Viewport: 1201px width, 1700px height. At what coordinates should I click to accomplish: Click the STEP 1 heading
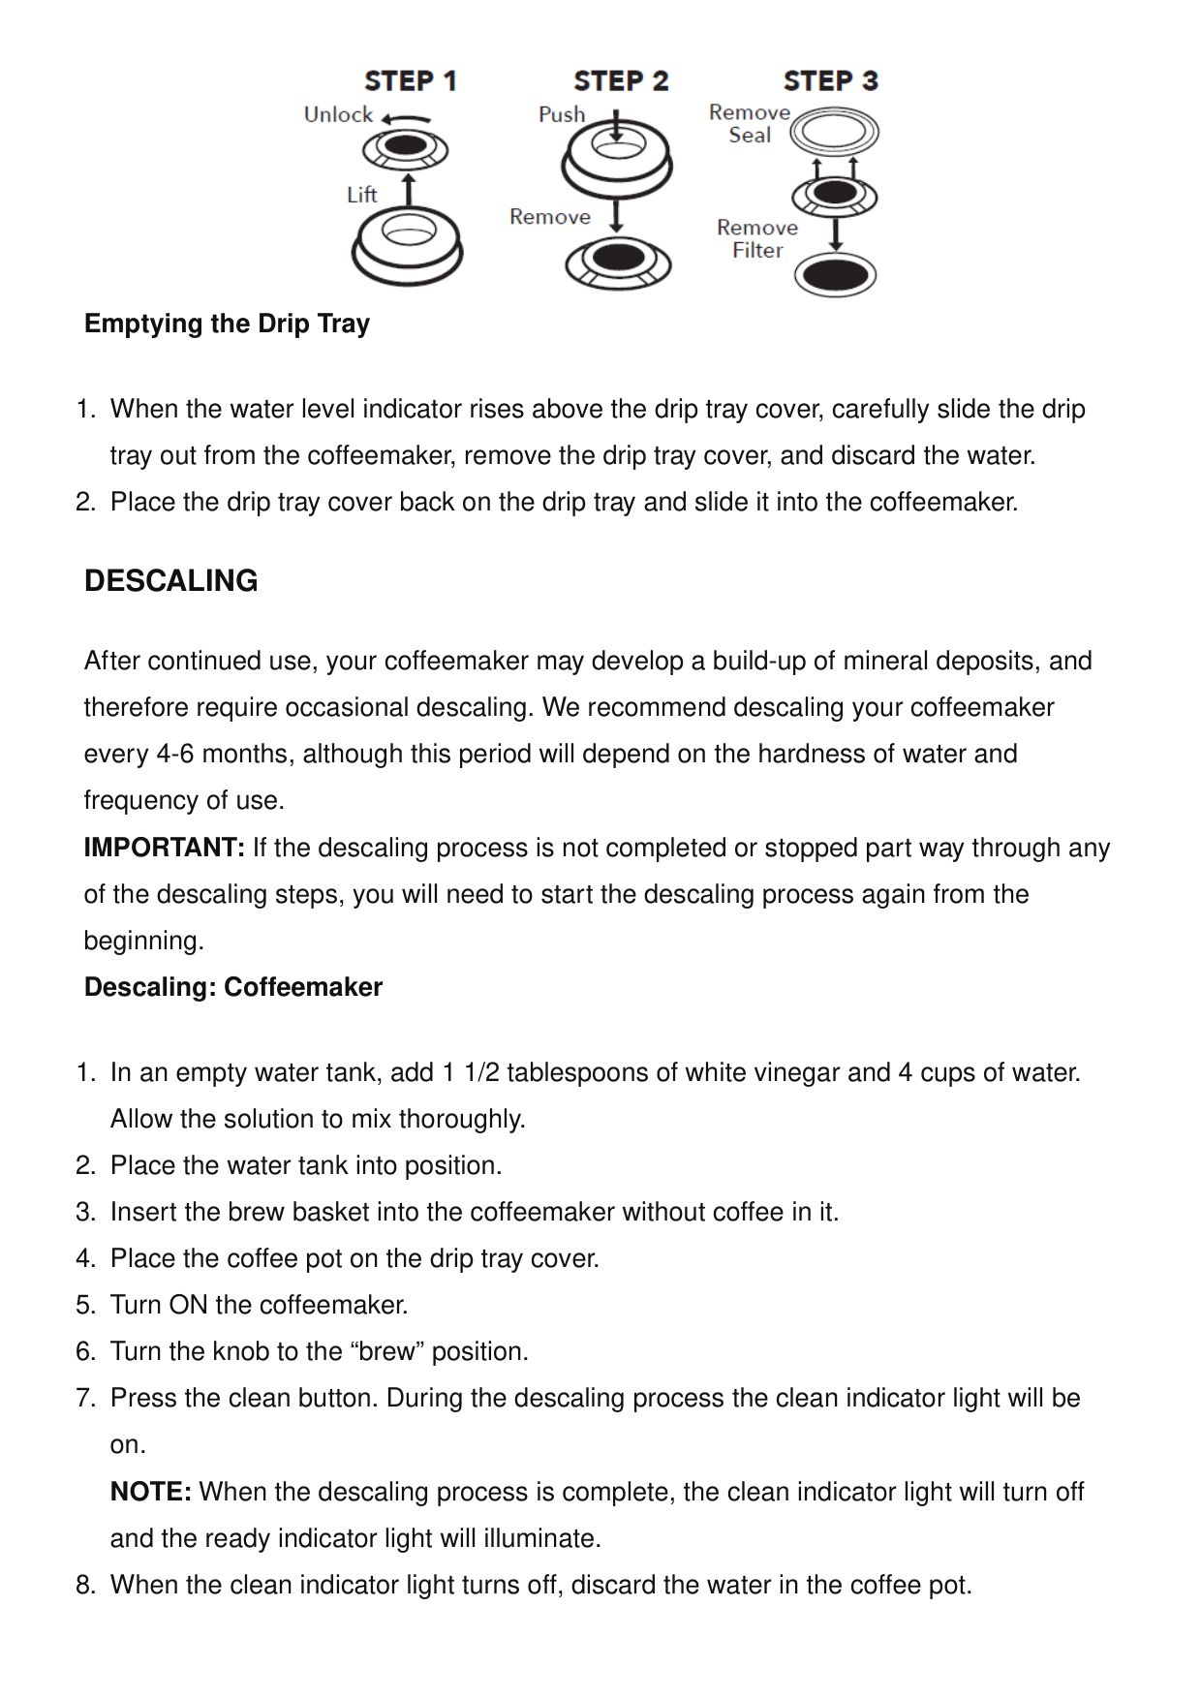[x=410, y=81]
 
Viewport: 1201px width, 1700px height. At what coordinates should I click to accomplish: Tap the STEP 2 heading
[x=621, y=81]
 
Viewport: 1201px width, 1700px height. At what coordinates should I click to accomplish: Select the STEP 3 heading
[x=831, y=81]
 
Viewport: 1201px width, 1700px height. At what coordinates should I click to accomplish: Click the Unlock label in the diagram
[x=338, y=115]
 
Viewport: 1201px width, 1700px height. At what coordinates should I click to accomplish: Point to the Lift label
[x=361, y=195]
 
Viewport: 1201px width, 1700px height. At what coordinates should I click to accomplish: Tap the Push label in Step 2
[x=562, y=114]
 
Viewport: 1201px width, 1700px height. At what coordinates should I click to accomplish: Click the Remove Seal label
[x=750, y=124]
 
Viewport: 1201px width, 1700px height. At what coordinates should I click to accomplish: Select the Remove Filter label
[x=757, y=238]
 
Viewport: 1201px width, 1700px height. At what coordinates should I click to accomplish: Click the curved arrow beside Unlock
[x=406, y=119]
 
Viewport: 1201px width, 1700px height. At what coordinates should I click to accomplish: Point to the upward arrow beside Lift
[x=409, y=190]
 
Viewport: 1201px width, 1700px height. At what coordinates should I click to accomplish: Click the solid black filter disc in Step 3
[x=835, y=275]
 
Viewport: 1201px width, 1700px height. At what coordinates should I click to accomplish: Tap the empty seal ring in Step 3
[x=834, y=132]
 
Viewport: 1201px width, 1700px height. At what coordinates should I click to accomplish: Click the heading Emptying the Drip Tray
[x=227, y=324]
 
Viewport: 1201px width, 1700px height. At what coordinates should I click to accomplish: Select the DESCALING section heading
[x=171, y=580]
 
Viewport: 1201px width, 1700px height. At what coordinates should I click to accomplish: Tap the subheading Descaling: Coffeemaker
[x=233, y=987]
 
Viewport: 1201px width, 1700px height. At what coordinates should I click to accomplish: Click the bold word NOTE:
[x=151, y=1492]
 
